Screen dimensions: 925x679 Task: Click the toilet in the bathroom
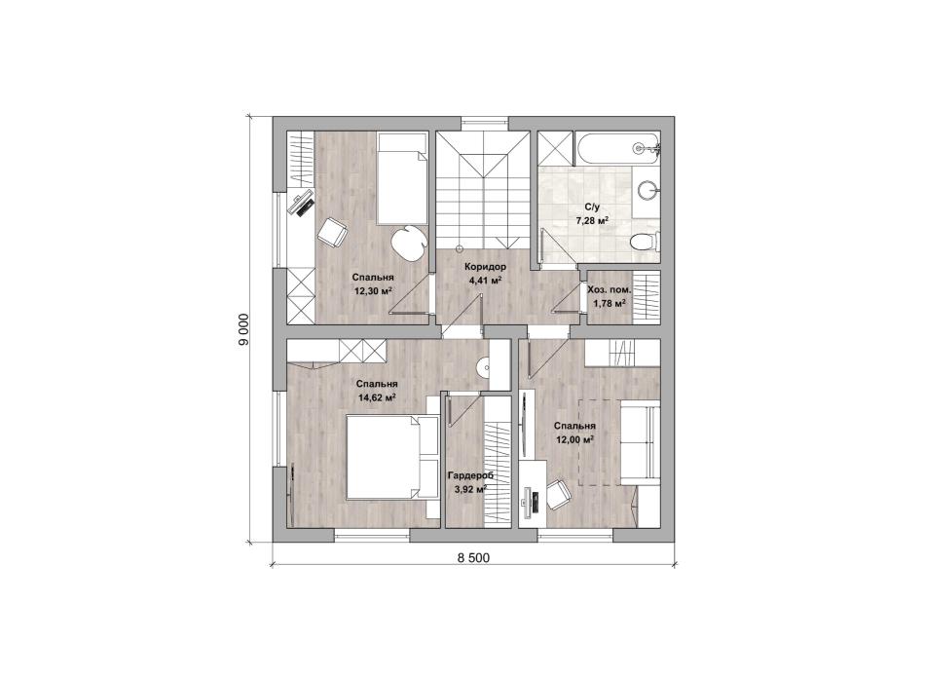pyautogui.click(x=644, y=242)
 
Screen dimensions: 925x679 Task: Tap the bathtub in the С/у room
pyautogui.click(x=616, y=149)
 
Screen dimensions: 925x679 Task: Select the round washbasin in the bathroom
pyautogui.click(x=647, y=190)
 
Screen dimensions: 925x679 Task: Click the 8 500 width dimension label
pyautogui.click(x=473, y=558)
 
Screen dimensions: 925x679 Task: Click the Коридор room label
pyautogui.click(x=485, y=267)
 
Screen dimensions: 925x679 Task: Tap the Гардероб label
pyautogui.click(x=470, y=476)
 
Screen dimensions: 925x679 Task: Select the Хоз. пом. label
pyautogui.click(x=610, y=290)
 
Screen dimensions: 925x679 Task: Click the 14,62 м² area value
pyautogui.click(x=377, y=398)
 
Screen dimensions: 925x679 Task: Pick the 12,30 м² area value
pyautogui.click(x=374, y=290)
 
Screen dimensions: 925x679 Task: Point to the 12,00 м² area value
pyautogui.click(x=574, y=439)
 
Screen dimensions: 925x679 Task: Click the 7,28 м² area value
pyautogui.click(x=592, y=221)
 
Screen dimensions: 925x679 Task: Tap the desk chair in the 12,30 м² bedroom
pyautogui.click(x=332, y=232)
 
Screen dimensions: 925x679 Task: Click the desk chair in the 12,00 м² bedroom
pyautogui.click(x=558, y=494)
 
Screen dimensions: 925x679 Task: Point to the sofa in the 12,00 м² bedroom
pyautogui.click(x=639, y=441)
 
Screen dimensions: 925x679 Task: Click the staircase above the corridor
pyautogui.click(x=484, y=190)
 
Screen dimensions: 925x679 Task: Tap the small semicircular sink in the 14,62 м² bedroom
pyautogui.click(x=484, y=367)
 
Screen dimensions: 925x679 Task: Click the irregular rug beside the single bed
pyautogui.click(x=409, y=242)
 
